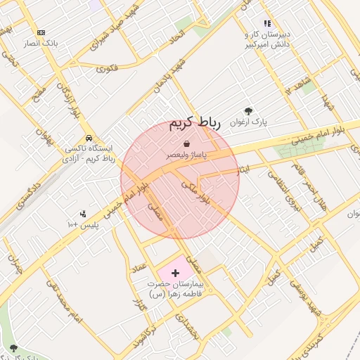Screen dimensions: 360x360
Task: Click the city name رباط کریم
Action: [195, 124]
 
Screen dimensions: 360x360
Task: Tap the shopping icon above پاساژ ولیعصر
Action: [186, 143]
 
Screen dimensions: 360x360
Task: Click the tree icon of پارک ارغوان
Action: [248, 111]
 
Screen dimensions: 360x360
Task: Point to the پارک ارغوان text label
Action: [251, 122]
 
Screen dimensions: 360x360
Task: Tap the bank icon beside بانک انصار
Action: [41, 32]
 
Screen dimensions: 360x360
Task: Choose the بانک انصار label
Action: [40, 43]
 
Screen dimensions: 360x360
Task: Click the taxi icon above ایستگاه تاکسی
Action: [89, 138]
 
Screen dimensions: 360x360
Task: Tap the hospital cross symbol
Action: [176, 271]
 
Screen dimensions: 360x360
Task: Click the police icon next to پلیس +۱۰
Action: [83, 213]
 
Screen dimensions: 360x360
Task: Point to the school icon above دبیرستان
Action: [266, 23]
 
